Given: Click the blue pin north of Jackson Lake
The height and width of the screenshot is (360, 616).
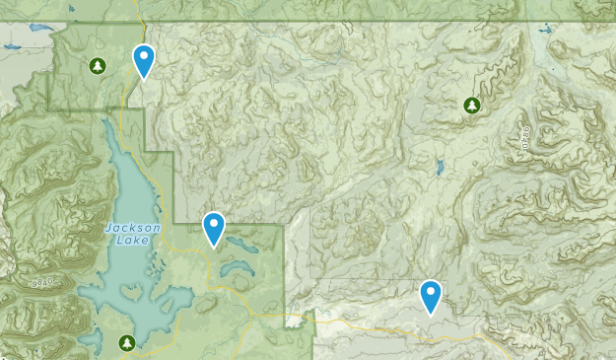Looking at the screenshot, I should point(144,60).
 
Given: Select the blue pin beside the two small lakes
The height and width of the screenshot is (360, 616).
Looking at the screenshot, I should point(215,228).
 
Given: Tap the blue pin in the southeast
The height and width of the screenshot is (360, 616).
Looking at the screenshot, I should point(431,295).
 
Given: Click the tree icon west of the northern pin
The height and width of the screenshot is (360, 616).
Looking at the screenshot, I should point(97,66).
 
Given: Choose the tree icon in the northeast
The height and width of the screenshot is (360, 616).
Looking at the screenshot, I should point(471,105).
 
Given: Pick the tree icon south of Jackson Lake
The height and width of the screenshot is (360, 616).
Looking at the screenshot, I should point(126,342).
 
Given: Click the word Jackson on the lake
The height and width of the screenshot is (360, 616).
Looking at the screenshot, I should point(126,227).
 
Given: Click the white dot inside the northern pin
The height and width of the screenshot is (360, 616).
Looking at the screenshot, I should point(144,56).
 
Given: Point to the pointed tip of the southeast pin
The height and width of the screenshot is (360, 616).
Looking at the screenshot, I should point(431,314).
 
